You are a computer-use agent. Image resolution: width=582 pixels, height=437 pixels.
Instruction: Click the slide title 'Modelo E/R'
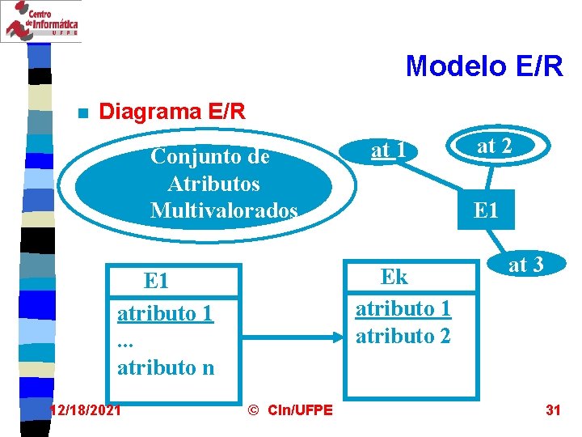(484, 66)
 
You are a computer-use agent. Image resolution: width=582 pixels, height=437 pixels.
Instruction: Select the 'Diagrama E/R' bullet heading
(171, 112)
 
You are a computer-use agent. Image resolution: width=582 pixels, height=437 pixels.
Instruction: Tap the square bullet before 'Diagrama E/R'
(79, 112)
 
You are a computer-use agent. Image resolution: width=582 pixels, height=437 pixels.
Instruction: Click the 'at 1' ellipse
(388, 151)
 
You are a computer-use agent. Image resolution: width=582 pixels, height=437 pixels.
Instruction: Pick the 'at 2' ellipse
(495, 146)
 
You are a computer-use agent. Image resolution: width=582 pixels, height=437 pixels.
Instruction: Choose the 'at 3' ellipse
(525, 264)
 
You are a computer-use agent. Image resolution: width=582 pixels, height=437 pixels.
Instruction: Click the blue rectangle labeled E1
(486, 211)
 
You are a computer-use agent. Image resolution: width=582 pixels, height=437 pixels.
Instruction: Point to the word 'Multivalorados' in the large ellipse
(224, 211)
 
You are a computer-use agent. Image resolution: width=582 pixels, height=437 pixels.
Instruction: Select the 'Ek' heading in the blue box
(394, 277)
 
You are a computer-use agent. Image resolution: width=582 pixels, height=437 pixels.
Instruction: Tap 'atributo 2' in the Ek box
(403, 336)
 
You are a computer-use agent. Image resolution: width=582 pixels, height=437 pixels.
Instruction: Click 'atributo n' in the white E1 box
(166, 367)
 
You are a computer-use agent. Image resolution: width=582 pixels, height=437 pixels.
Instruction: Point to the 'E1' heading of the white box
(156, 282)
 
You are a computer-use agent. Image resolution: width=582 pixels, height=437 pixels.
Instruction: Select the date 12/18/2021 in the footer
(86, 410)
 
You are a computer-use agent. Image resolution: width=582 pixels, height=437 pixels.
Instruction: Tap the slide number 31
(553, 410)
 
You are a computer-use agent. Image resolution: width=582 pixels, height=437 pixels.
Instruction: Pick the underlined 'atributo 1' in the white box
(165, 313)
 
